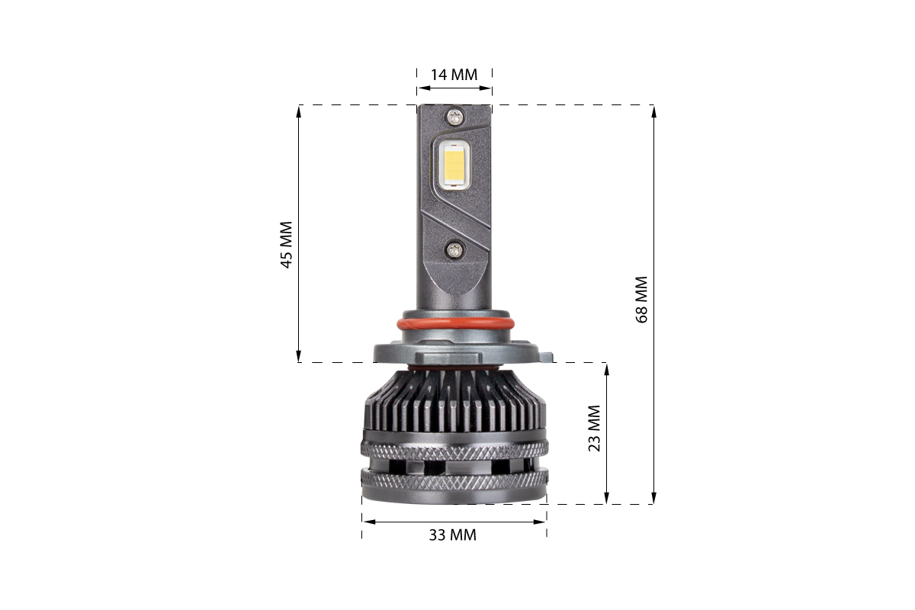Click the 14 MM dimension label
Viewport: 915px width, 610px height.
pos(454,75)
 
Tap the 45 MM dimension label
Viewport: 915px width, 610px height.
pos(287,245)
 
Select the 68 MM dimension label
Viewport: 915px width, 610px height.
pos(642,300)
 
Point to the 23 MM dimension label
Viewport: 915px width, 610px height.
pos(594,429)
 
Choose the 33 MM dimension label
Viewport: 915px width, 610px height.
pos(453,535)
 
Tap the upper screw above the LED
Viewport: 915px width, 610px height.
pos(454,117)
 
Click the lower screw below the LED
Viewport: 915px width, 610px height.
pos(453,249)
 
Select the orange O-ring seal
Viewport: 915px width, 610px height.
pos(455,324)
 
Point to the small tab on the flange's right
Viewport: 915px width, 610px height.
pos(546,357)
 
